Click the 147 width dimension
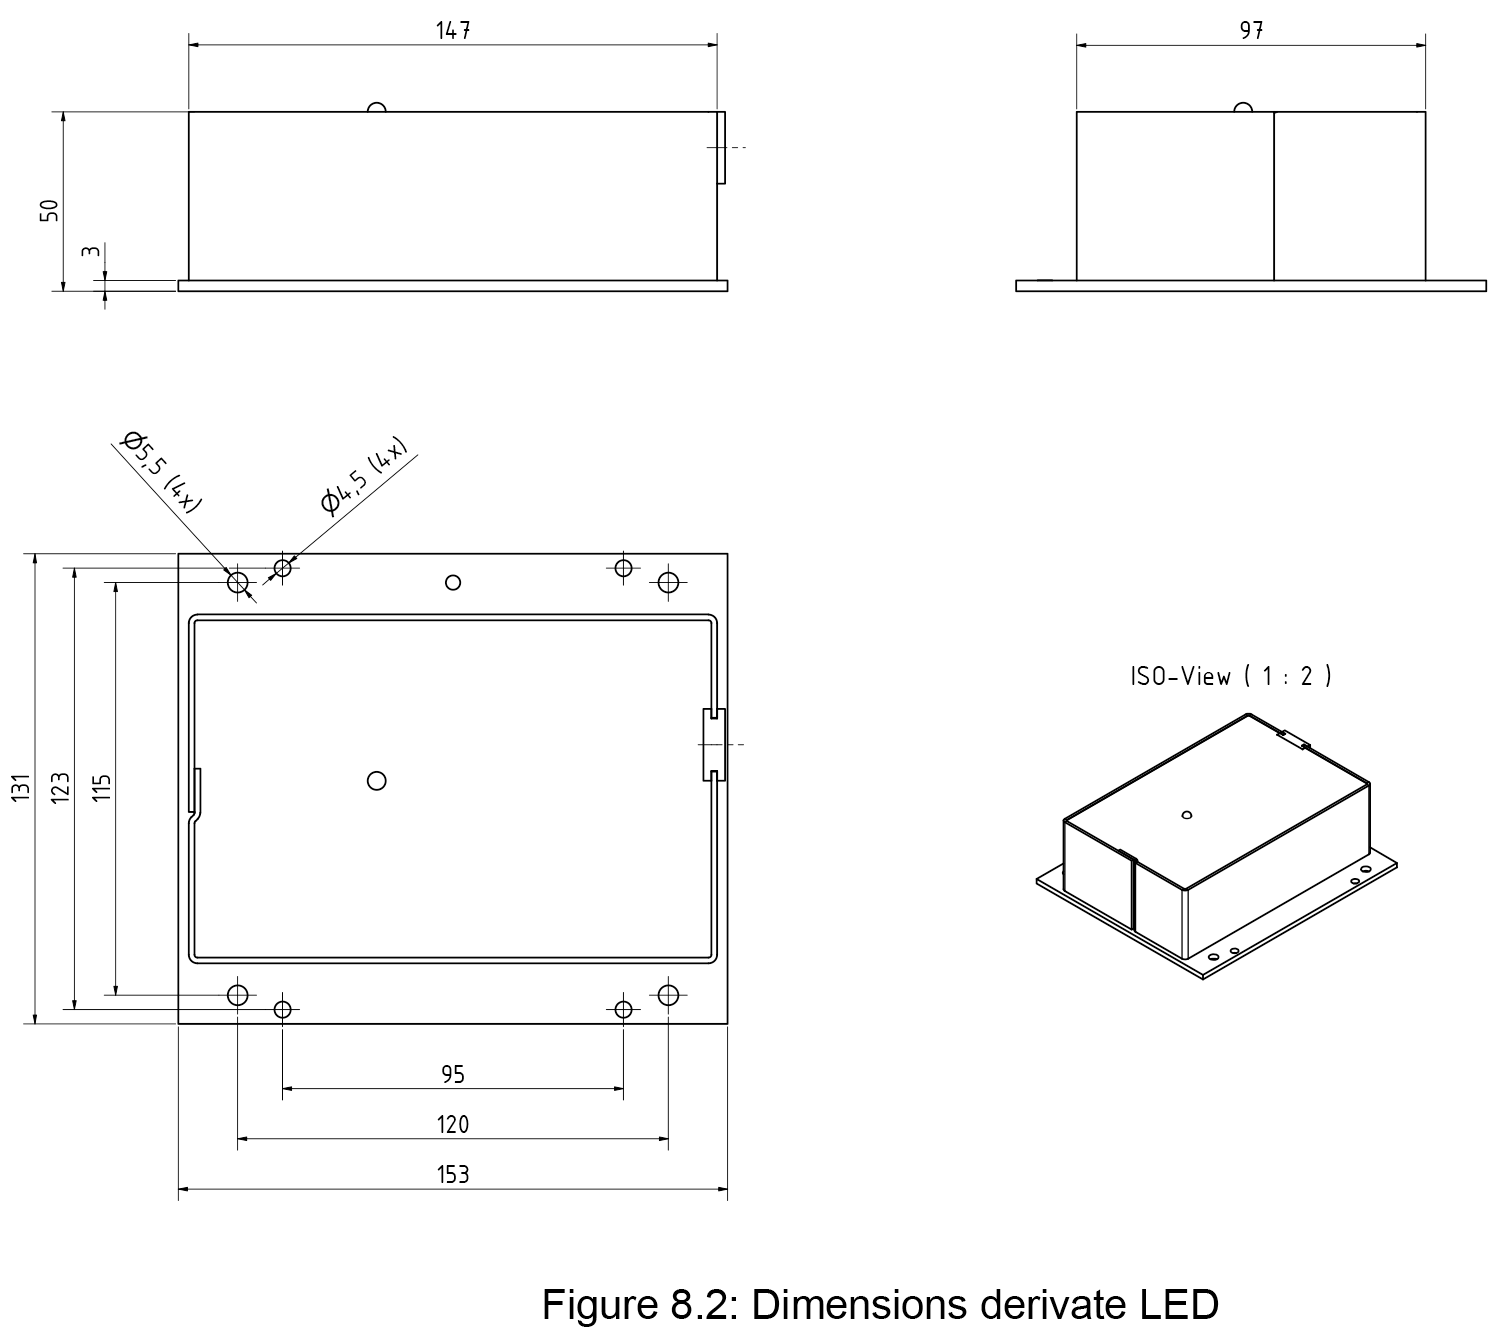453,31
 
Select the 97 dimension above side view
1251,31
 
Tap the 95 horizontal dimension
453,1075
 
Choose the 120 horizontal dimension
453,1125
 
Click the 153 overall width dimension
453,1175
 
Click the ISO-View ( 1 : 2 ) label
1231,677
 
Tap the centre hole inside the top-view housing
377,780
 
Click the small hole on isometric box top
1187,815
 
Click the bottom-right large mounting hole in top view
669,995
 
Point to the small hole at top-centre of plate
453,582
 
